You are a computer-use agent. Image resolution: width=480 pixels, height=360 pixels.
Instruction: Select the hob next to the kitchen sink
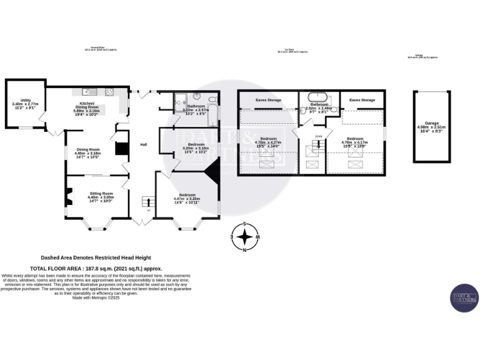(109, 92)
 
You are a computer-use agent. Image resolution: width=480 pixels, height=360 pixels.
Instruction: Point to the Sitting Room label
(100, 194)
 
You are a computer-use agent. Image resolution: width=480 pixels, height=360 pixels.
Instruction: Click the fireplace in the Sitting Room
(71, 196)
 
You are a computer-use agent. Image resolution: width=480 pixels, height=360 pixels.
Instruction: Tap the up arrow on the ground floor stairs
(147, 210)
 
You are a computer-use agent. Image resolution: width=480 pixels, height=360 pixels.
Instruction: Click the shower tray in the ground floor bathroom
(181, 99)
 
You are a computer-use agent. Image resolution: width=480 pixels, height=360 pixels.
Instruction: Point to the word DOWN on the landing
(318, 136)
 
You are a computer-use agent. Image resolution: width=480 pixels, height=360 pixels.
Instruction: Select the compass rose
(247, 237)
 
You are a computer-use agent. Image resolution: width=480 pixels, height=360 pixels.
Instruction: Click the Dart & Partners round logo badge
(464, 298)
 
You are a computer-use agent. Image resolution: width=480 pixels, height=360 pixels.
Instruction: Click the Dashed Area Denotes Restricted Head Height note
(96, 257)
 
